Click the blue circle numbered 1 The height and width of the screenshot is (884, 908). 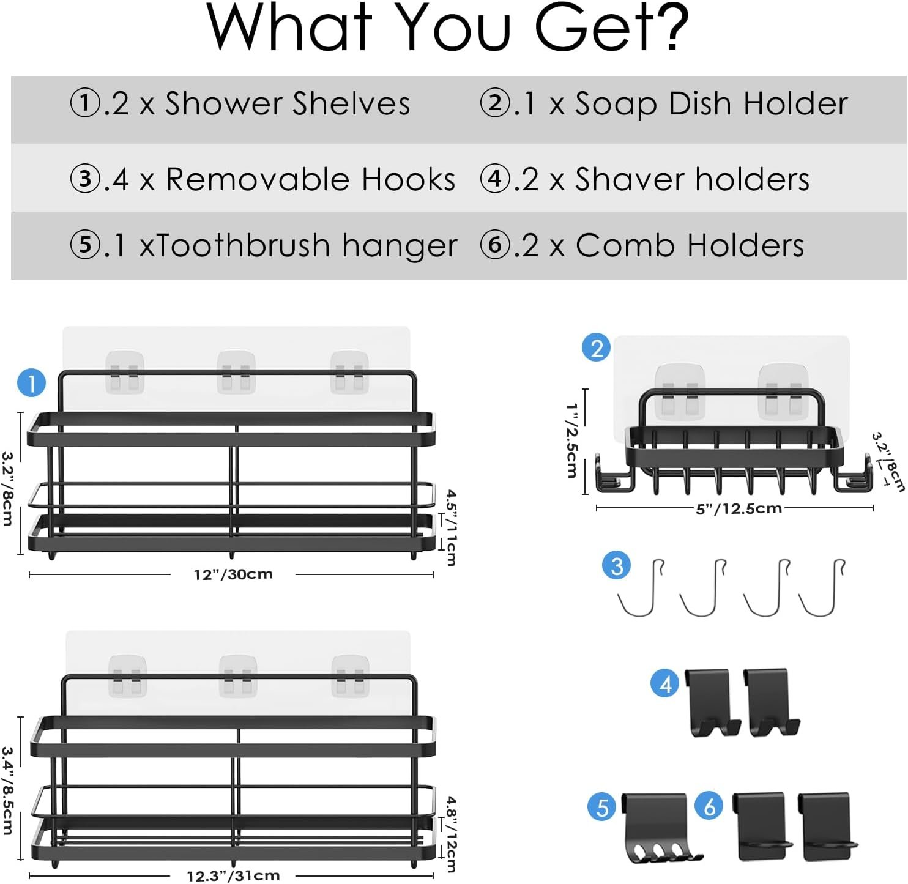(31, 384)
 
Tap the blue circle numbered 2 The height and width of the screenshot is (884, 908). (596, 347)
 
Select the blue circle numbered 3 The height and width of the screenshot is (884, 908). (616, 565)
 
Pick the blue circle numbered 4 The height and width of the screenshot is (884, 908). (665, 683)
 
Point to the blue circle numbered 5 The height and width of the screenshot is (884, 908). (602, 808)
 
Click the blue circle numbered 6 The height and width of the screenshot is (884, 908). (709, 806)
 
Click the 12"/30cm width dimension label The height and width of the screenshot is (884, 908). (233, 574)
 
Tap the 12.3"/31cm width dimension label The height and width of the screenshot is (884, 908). (233, 875)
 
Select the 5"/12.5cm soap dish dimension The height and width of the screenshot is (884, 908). (739, 508)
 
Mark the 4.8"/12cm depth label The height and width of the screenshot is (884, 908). (451, 834)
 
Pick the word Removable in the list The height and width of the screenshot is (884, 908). (258, 179)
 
